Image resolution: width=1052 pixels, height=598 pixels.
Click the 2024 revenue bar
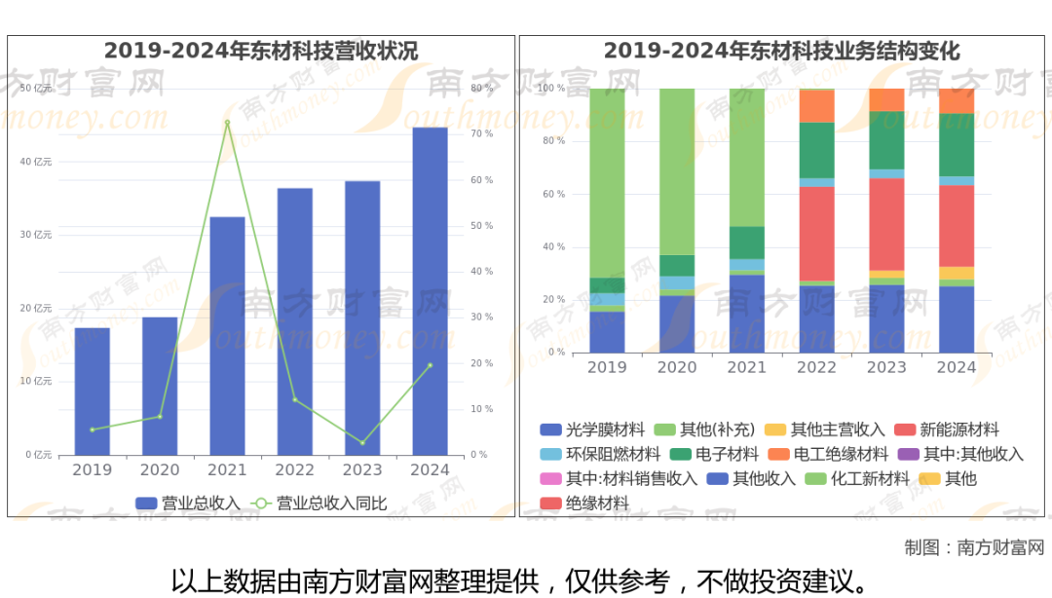[x=430, y=292]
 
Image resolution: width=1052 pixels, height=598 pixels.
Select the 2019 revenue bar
[x=93, y=392]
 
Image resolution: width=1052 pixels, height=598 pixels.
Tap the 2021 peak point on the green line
[x=227, y=123]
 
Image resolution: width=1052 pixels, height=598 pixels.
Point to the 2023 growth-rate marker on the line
[x=362, y=443]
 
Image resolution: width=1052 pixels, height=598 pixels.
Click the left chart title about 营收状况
[x=261, y=51]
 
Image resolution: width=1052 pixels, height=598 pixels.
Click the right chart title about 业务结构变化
[x=781, y=51]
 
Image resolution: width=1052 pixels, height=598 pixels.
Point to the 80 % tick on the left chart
[x=481, y=89]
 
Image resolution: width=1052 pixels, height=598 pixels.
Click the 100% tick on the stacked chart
[x=552, y=89]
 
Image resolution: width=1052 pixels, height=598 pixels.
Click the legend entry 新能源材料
[x=958, y=430]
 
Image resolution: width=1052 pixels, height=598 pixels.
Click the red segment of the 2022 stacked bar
[x=816, y=234]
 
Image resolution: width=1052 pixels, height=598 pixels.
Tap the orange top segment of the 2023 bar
[x=886, y=99]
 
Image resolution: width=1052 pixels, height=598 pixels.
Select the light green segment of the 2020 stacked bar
[x=677, y=170]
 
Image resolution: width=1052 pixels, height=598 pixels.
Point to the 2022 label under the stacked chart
[x=816, y=367]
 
